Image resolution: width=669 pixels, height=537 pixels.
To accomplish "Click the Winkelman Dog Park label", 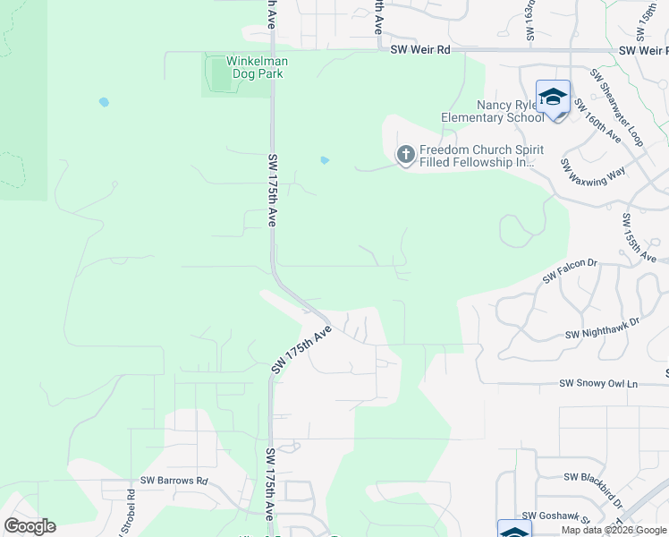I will click(x=254, y=67).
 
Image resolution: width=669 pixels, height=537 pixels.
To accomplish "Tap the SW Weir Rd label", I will click(x=420, y=50).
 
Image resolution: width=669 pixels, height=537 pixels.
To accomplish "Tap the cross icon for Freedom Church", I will click(x=405, y=156).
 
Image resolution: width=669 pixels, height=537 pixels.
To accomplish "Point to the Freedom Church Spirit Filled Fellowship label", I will click(x=477, y=157).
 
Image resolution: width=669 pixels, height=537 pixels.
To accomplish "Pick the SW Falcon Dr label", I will click(x=570, y=270).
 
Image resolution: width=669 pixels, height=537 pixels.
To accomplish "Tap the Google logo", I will click(x=30, y=526).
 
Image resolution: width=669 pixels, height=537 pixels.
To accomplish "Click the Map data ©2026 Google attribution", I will click(x=613, y=530).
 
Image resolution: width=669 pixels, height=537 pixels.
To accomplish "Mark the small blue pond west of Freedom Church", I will click(x=324, y=160).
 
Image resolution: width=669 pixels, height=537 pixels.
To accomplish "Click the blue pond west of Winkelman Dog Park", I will click(x=104, y=102).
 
